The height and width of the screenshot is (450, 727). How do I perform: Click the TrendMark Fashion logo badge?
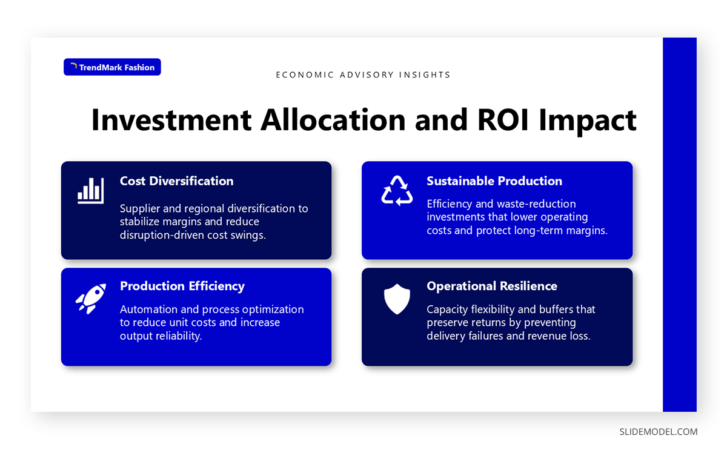[x=112, y=67]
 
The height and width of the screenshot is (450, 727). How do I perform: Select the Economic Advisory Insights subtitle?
[x=363, y=75]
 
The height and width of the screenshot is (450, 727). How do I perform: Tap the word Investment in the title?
[x=170, y=120]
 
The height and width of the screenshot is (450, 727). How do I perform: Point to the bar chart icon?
[x=90, y=190]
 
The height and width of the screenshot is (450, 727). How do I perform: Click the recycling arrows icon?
[x=397, y=190]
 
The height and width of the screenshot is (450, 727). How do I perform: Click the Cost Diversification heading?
[x=176, y=181]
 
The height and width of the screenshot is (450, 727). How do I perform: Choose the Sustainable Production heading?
[x=494, y=181]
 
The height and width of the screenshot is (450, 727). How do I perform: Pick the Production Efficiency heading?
[x=182, y=286]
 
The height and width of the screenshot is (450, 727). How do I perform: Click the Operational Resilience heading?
[x=491, y=286]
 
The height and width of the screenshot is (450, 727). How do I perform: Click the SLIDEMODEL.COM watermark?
[x=658, y=432]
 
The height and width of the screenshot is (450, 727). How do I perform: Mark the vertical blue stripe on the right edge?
[x=679, y=225]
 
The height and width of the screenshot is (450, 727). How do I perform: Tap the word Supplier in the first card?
[x=140, y=208]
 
